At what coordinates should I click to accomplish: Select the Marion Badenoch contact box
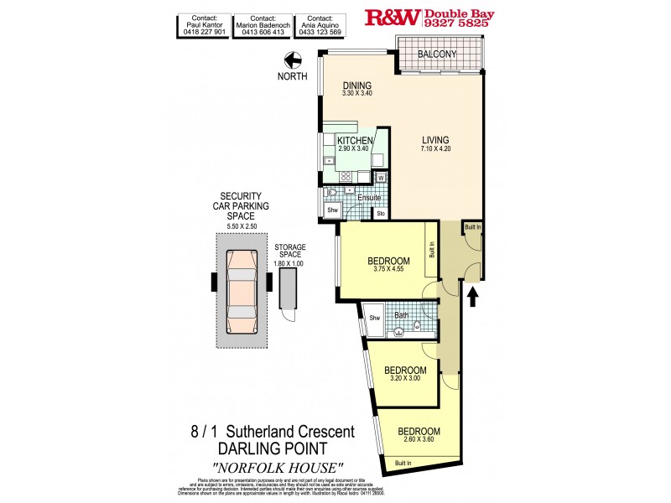[x=263, y=26]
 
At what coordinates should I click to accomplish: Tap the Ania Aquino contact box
[x=324, y=26]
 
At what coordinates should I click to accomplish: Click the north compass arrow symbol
[x=294, y=60]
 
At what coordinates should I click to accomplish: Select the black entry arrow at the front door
[x=472, y=296]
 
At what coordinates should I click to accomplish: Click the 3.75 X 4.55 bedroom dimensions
[x=388, y=270]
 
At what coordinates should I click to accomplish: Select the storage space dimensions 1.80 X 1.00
[x=289, y=263]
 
